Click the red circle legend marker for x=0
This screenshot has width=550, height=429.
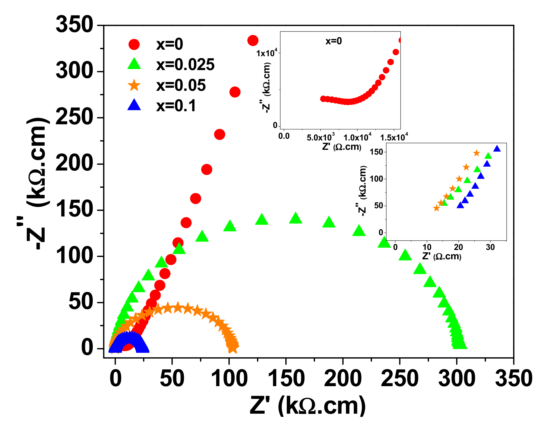tap(134, 45)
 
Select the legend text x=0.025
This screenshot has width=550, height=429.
tap(185, 65)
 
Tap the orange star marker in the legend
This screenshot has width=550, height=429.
tap(134, 85)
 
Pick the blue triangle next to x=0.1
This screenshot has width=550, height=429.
tap(134, 105)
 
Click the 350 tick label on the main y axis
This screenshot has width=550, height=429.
tap(74, 25)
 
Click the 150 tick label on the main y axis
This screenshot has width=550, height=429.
tap(74, 209)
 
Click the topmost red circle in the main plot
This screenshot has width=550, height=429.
tap(253, 41)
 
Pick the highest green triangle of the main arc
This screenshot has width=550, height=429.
tap(295, 218)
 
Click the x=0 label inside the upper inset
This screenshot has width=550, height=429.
tap(333, 41)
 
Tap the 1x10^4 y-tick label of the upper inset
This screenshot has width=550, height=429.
tap(266, 53)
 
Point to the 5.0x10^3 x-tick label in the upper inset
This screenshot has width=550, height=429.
tap(320, 137)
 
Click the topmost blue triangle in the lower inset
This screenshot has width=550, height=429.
tap(497, 149)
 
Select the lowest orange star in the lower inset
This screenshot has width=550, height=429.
tap(436, 208)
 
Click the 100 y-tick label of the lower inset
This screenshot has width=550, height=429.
tap(376, 179)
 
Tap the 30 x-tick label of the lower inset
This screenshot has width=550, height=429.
tap(490, 247)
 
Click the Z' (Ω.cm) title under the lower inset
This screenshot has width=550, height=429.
tap(441, 256)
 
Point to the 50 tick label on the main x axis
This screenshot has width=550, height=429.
tap(172, 379)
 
